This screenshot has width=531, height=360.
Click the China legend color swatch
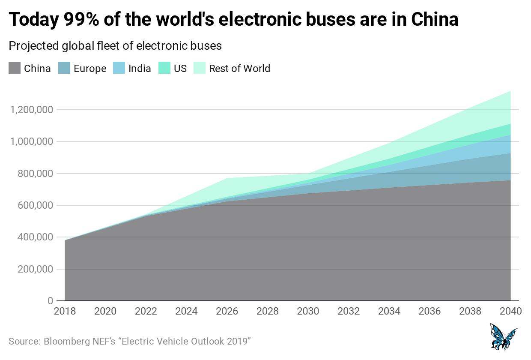15,68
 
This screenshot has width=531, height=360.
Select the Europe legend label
90,69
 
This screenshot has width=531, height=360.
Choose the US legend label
180,69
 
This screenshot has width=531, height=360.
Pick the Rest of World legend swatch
200,68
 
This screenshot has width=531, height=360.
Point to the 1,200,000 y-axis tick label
31,110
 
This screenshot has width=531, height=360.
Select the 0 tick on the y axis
50,301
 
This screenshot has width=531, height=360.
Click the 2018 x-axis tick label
65,312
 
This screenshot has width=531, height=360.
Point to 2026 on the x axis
227,312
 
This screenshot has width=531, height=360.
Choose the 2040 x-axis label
510,312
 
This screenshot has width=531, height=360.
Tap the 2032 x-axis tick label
349,312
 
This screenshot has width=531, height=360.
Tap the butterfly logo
503,337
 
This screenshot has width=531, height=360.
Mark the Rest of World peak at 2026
227,178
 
